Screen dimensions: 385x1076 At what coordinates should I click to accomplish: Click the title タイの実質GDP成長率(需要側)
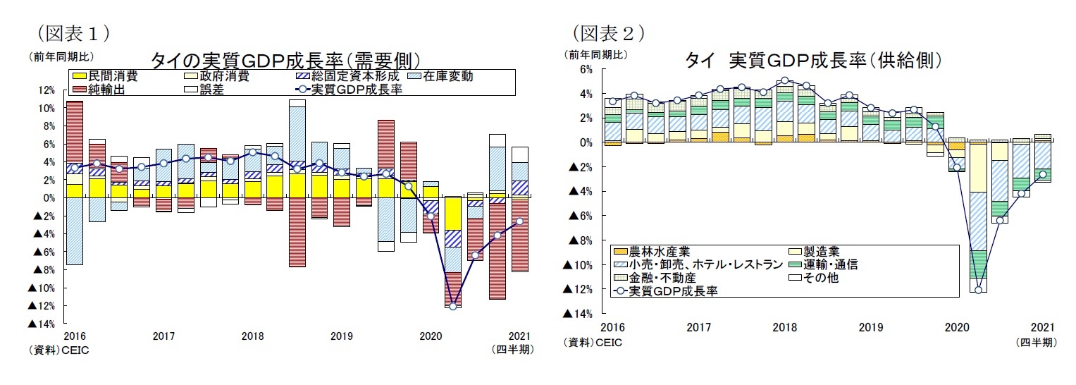tap(285, 60)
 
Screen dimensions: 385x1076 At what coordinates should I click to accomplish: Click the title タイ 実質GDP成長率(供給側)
tap(814, 60)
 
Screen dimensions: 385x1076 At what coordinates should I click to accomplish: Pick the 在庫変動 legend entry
tap(448, 76)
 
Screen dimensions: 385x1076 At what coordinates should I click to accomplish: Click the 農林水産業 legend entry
tap(645, 252)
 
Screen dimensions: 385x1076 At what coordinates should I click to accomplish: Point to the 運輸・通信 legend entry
tap(831, 264)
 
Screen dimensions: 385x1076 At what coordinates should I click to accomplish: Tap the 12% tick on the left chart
tap(47, 90)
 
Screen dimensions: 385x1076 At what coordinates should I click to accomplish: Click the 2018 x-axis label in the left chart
tap(252, 336)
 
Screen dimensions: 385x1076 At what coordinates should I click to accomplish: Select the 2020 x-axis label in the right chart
tap(958, 328)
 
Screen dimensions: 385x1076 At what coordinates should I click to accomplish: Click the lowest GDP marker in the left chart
tap(452, 306)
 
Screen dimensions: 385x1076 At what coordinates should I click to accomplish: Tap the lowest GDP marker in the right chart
tap(979, 290)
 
